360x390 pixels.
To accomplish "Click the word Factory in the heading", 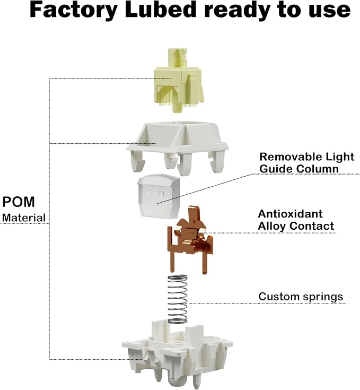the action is tap(74, 10).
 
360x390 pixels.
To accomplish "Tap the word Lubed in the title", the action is tap(161, 10).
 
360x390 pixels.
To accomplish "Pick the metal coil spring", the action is tap(177, 299).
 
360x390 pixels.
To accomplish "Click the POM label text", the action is tap(19, 202).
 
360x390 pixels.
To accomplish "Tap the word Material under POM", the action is tap(24, 218).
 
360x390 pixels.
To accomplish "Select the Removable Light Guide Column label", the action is tap(307, 163).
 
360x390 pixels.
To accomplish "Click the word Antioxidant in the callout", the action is tap(290, 214).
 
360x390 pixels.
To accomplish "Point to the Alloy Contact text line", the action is tap(296, 226).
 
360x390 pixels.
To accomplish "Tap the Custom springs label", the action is tap(301, 297).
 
